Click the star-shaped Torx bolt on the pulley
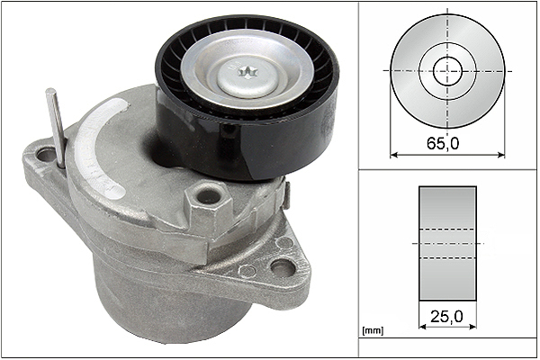247,72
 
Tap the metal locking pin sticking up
56,128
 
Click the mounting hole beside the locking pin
46,155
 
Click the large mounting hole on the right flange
282,267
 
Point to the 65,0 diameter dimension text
443,143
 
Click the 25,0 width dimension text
447,316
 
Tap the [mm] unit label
373,331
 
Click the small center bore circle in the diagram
447,71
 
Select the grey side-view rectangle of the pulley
447,244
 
